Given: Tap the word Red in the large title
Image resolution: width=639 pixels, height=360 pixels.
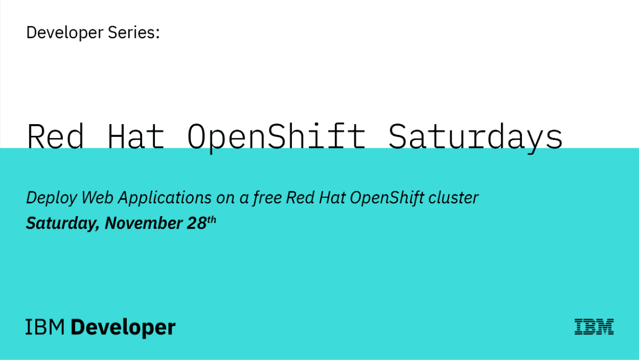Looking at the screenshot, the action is [x=55, y=136].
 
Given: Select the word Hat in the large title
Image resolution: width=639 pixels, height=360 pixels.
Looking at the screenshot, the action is [x=136, y=136].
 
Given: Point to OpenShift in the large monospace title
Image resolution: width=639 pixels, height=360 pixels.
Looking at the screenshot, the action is [x=276, y=138].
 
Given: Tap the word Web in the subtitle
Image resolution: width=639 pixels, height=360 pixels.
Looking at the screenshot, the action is [x=97, y=198].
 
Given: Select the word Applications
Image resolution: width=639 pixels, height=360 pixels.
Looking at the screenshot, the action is [x=165, y=198].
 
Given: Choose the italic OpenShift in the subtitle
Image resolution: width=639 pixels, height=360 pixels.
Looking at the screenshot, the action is [x=387, y=198].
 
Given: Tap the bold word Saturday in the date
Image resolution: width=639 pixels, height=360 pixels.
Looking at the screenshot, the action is [x=62, y=223].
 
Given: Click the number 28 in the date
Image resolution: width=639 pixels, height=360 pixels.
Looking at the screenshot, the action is [x=196, y=223].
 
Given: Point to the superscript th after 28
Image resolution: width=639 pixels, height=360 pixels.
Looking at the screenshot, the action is [x=211, y=220].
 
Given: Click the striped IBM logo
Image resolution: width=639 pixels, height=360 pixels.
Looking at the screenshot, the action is [x=594, y=326].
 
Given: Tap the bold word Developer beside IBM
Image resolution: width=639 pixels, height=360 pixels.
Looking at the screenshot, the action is [x=123, y=328].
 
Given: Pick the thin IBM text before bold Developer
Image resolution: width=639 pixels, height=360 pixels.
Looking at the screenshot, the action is [x=45, y=327].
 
